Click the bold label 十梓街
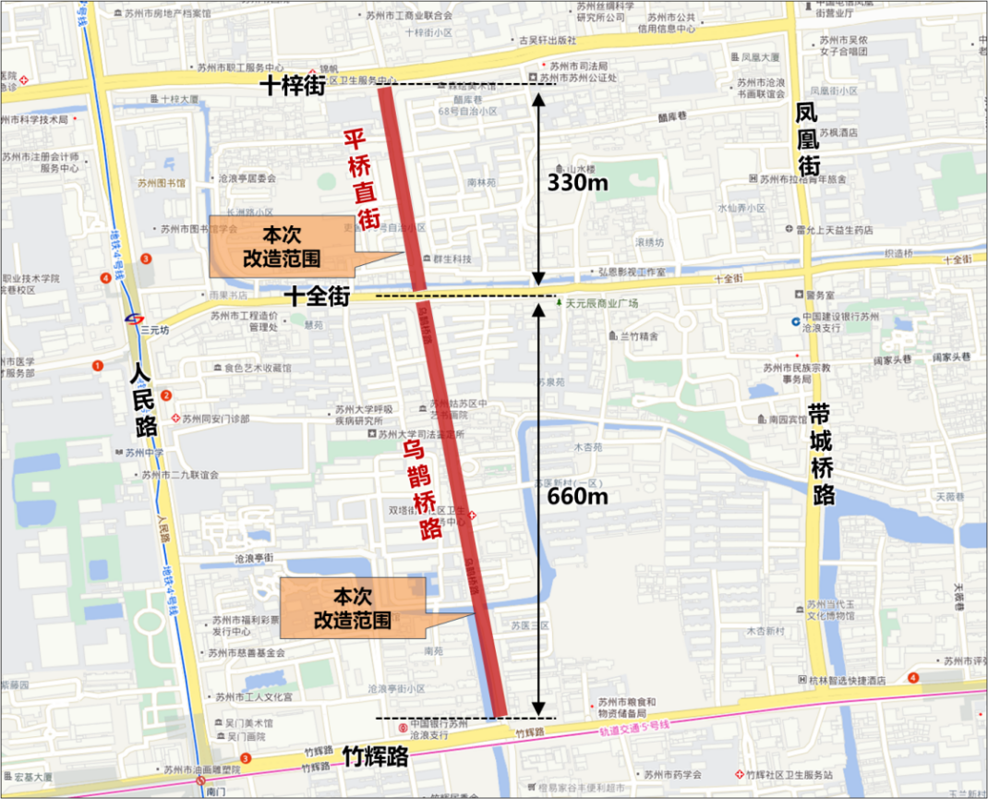click(292, 86)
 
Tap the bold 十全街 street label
click(316, 297)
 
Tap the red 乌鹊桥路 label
click(418, 490)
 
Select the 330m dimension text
click(578, 183)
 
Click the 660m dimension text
click(577, 496)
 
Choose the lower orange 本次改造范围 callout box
click(352, 608)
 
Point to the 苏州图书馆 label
click(162, 184)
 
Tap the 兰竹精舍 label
click(636, 336)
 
